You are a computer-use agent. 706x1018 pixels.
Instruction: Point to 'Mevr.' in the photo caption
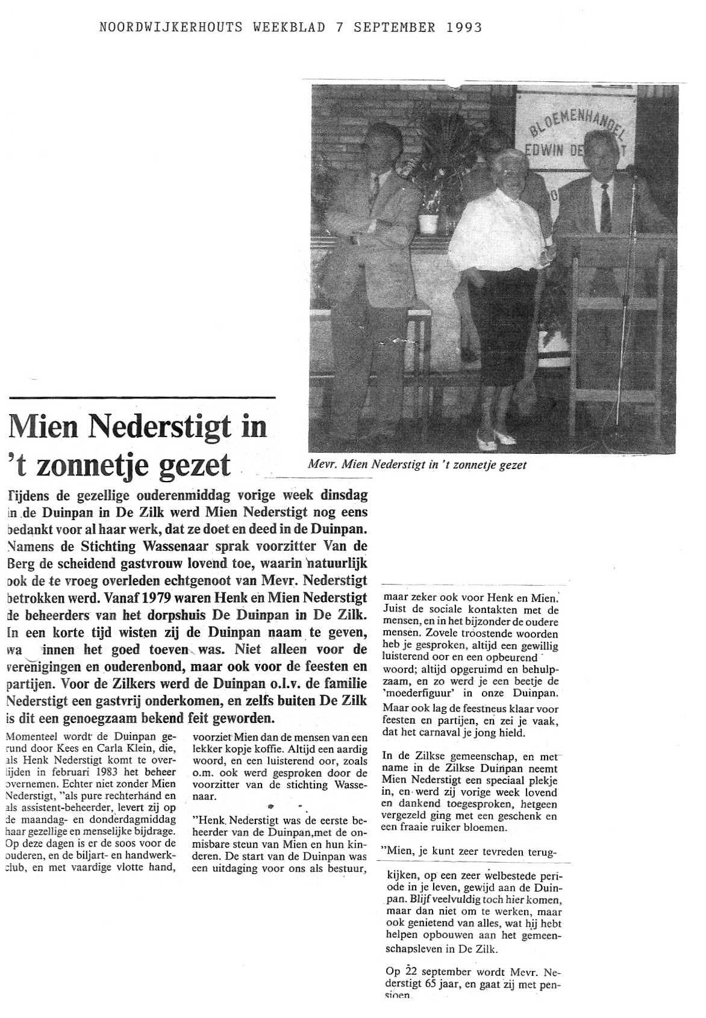point(320,464)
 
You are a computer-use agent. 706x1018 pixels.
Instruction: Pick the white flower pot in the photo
point(428,222)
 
